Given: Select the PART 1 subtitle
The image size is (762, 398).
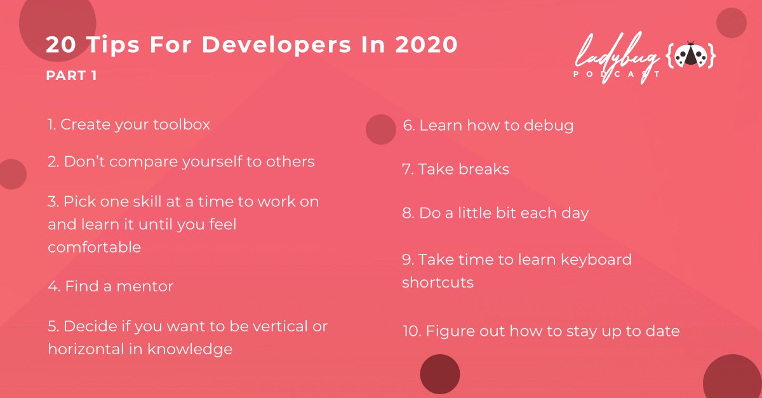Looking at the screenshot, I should (72, 76).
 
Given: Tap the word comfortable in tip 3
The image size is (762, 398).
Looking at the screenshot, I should (94, 247).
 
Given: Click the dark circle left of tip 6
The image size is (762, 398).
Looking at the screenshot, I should (381, 129).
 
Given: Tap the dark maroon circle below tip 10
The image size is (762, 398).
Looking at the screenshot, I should (439, 374).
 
